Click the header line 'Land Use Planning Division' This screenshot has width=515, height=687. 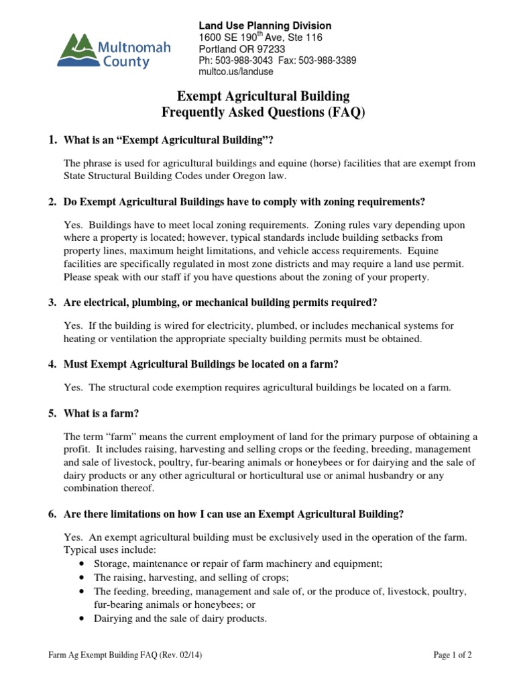click(x=264, y=25)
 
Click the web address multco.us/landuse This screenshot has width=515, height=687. click(x=237, y=72)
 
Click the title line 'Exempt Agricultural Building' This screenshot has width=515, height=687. click(x=262, y=97)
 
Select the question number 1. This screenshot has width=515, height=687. click(x=52, y=140)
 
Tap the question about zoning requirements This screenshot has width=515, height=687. click(x=244, y=202)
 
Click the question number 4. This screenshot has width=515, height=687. click(x=52, y=364)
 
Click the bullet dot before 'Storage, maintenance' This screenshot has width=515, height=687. click(x=82, y=564)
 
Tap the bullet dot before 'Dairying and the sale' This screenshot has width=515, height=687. click(x=82, y=619)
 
